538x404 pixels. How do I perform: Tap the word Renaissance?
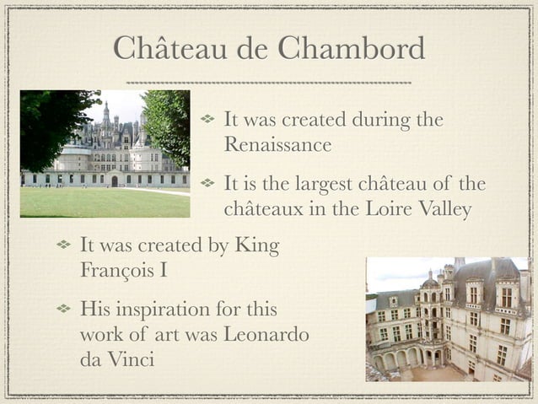click(x=277, y=145)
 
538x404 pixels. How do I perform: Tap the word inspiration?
click(x=171, y=310)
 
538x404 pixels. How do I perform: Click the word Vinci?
click(x=130, y=360)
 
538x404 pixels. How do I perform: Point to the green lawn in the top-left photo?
click(x=101, y=202)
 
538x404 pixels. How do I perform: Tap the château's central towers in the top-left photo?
click(x=110, y=135)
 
